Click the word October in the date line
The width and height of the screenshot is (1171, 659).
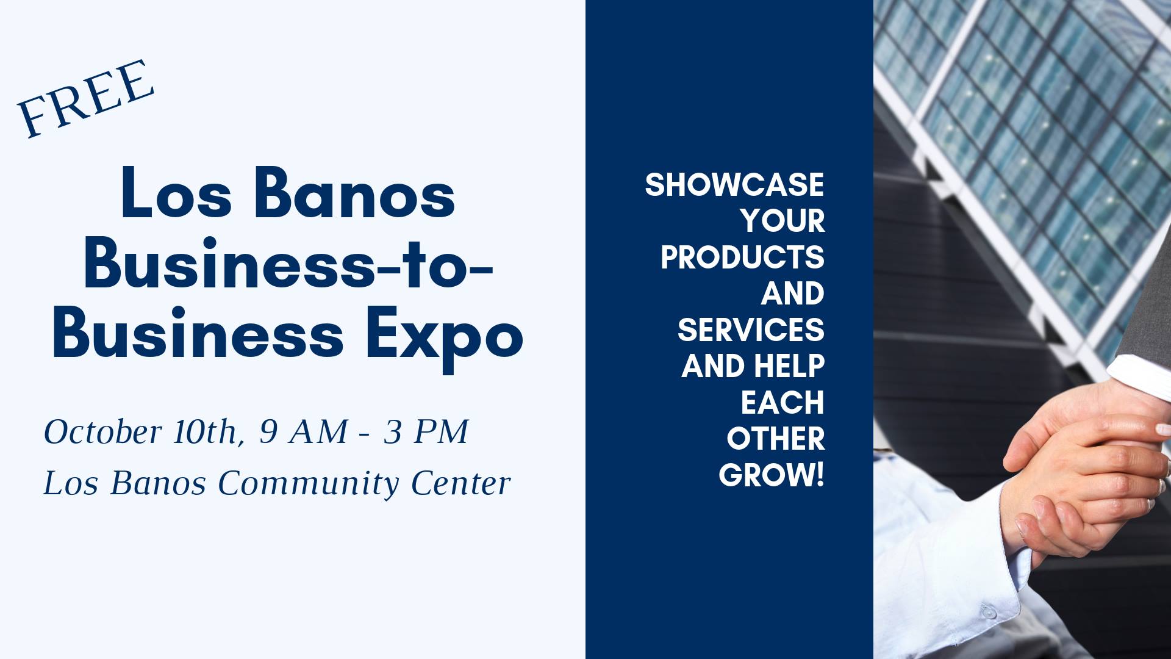point(102,432)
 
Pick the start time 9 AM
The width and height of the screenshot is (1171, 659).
point(303,432)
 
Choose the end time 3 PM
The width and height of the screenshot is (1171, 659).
point(426,432)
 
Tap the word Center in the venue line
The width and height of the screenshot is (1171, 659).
point(461,484)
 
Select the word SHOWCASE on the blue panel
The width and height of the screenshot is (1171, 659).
point(734,185)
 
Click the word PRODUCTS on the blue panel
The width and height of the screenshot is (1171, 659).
point(742,257)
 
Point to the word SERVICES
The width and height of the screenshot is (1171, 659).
point(751,330)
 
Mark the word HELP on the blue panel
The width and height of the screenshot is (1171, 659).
point(789,366)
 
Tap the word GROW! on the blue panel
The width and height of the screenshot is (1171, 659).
point(772,475)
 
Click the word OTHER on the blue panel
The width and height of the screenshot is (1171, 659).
point(776,439)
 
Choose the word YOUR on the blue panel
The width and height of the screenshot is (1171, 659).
point(783,221)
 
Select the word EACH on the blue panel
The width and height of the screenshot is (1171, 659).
point(782,403)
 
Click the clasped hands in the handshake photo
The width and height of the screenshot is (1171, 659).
point(1086,470)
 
